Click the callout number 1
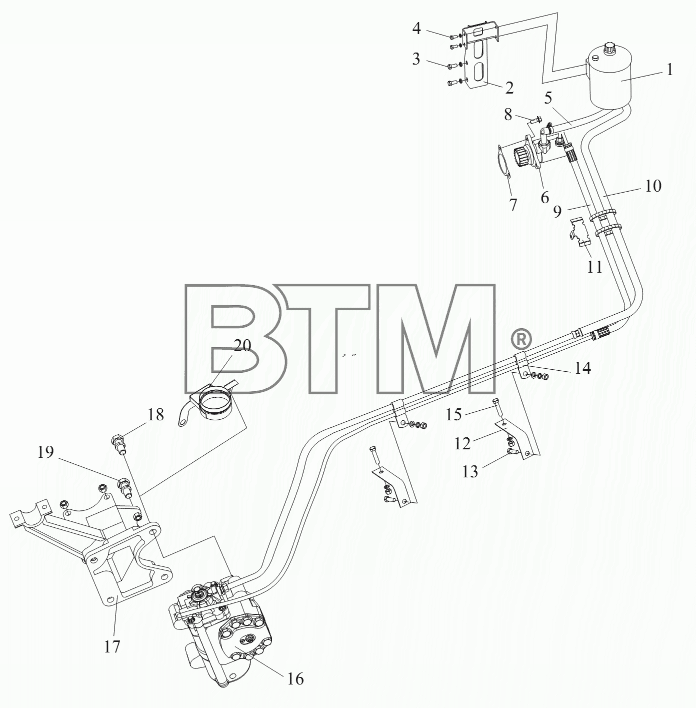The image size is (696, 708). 669,70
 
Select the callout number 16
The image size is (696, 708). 295,679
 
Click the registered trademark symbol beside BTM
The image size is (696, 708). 521,339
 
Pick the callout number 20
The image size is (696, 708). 243,346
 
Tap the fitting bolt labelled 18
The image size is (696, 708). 118,443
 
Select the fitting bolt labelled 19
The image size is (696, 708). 124,487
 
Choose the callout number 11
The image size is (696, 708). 594,267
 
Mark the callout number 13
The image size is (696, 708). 470,471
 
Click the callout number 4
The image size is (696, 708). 416,28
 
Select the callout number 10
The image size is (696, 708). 653,186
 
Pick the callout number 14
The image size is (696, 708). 582,368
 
